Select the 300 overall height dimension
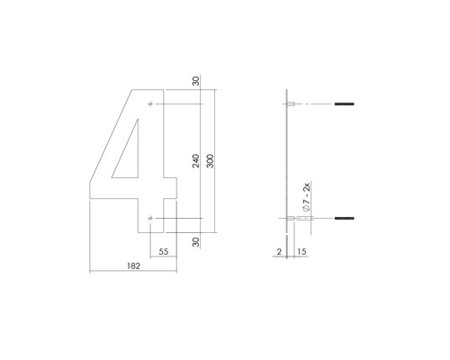coord(210,161)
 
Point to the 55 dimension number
coord(163,253)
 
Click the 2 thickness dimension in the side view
coord(279,253)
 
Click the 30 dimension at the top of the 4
coord(195,82)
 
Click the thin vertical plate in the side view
coord(286,162)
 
